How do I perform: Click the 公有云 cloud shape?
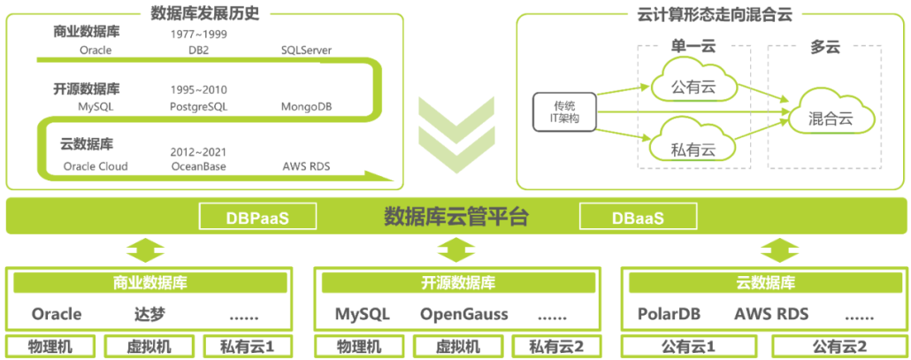693,87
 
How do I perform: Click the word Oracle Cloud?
96,166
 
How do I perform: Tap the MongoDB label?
307,107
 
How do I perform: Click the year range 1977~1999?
198,34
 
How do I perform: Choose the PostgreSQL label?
198,107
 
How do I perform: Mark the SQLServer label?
307,50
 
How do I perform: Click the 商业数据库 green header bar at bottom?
149,283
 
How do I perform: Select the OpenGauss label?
463,314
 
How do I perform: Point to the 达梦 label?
149,314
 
